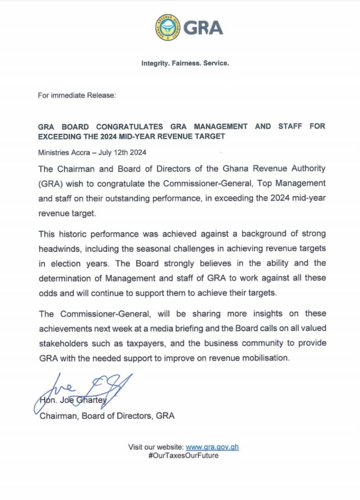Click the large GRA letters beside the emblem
pos(204,27)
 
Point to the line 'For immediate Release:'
pos(77,96)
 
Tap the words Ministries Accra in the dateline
pos(64,152)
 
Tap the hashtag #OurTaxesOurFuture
pos(183,456)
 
